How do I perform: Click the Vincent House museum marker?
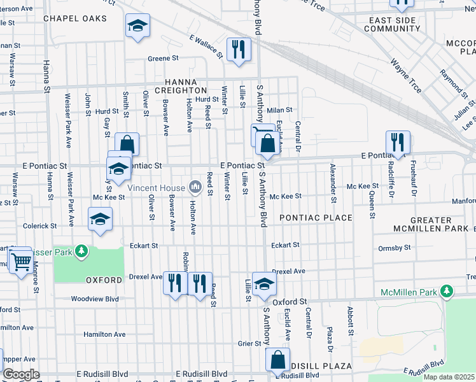click(x=195, y=187)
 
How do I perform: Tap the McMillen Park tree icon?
click(x=447, y=292)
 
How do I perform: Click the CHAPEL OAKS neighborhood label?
click(x=75, y=18)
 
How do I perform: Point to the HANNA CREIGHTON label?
click(x=186, y=87)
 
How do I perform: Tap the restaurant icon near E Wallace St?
click(x=239, y=50)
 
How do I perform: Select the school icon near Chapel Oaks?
click(x=137, y=25)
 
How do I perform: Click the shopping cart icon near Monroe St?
click(x=20, y=260)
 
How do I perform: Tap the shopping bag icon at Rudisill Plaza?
click(x=277, y=360)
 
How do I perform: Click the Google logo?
click(x=21, y=374)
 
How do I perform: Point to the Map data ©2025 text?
click(x=449, y=377)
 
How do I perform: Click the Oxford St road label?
click(x=290, y=301)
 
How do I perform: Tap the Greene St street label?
click(x=163, y=59)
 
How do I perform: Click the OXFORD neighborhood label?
click(x=104, y=280)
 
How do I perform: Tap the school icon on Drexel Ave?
click(x=264, y=283)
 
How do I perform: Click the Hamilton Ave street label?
click(x=104, y=334)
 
